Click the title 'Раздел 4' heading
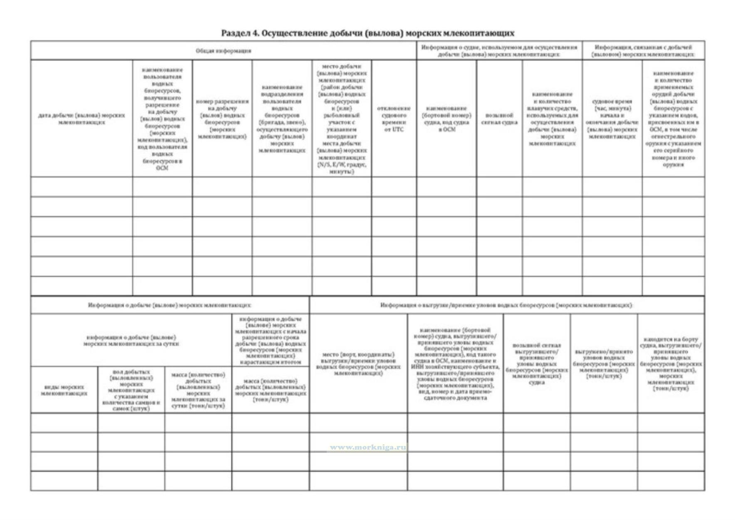367,33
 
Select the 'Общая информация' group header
223,51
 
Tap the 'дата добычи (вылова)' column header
81,119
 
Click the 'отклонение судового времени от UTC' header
393,119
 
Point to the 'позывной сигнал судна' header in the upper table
499,119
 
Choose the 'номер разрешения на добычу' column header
222,119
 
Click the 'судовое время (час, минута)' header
612,119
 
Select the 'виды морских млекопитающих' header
64,390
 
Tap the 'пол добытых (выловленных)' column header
131,390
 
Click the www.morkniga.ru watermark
367,448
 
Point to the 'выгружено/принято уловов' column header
604,364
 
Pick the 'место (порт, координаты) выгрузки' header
358,364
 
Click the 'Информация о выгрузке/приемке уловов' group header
506,305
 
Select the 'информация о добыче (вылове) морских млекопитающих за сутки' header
131,340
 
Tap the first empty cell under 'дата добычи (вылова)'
81,187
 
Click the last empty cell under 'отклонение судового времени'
393,286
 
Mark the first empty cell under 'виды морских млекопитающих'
64,423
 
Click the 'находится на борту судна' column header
671,364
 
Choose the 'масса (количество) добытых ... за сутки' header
198,390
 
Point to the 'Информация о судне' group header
499,51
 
